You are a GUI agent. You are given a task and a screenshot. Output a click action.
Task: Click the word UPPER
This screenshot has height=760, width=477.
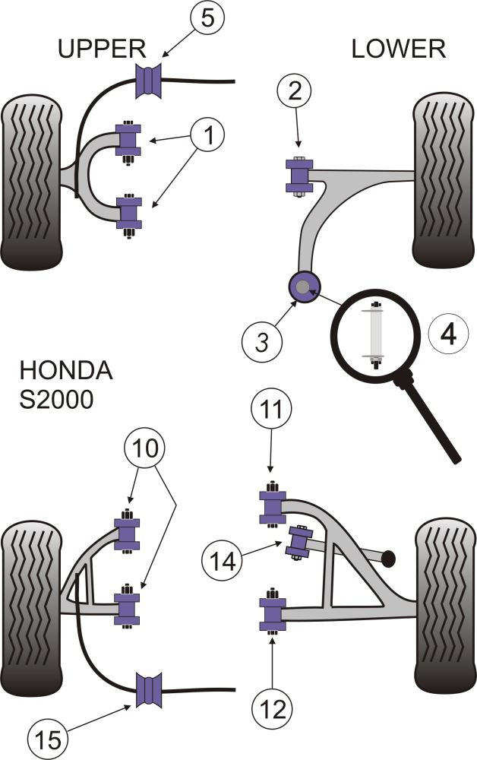pos(102,49)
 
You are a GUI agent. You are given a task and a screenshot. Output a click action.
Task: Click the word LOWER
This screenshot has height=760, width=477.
pos(397,49)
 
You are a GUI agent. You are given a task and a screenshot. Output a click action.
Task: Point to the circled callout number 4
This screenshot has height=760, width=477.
pos(448,334)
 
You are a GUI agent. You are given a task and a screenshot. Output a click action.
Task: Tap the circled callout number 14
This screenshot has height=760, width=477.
pos(221,561)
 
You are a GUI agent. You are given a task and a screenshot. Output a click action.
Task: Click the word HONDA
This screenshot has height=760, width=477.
pos(66,372)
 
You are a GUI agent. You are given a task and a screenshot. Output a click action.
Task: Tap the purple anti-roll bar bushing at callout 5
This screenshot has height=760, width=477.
pos(150,81)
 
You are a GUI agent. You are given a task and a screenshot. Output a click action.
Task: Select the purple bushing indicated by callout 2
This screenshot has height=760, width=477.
pos(298,176)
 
